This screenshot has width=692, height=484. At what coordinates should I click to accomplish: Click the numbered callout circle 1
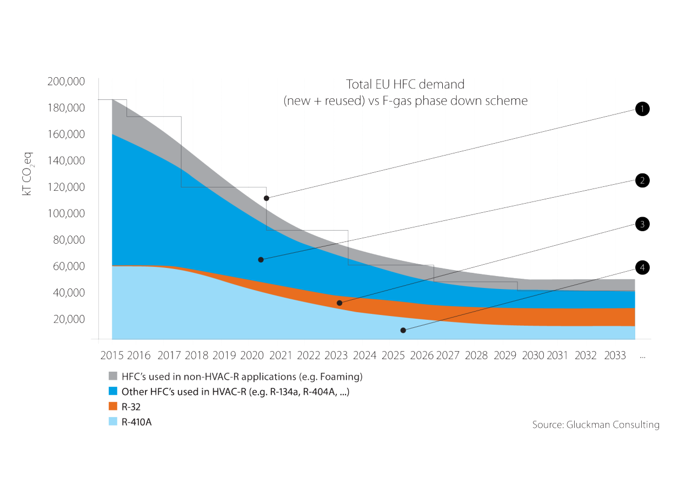coord(641,109)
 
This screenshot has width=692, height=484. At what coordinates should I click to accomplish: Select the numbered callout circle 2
coord(641,180)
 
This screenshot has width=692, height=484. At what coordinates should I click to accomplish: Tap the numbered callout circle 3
coord(641,224)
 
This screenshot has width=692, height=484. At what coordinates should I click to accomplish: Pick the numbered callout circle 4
coord(641,268)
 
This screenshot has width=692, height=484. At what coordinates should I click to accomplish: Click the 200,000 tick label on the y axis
coord(65,82)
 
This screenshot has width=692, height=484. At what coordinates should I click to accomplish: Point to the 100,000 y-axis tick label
coord(65,213)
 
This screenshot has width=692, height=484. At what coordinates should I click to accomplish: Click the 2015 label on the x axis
coord(112,356)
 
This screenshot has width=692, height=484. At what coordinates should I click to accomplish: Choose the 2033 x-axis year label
coord(614,356)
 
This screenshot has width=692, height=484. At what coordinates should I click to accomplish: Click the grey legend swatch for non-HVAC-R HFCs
coord(113,376)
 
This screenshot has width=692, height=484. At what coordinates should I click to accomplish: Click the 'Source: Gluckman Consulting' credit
coord(596,425)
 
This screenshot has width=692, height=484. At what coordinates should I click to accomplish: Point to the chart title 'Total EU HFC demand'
coord(405,84)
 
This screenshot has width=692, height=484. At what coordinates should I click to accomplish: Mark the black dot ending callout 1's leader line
coord(267,198)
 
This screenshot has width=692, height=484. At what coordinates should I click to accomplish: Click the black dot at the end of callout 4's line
coord(403,330)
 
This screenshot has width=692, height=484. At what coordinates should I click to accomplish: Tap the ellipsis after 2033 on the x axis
coord(642,358)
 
